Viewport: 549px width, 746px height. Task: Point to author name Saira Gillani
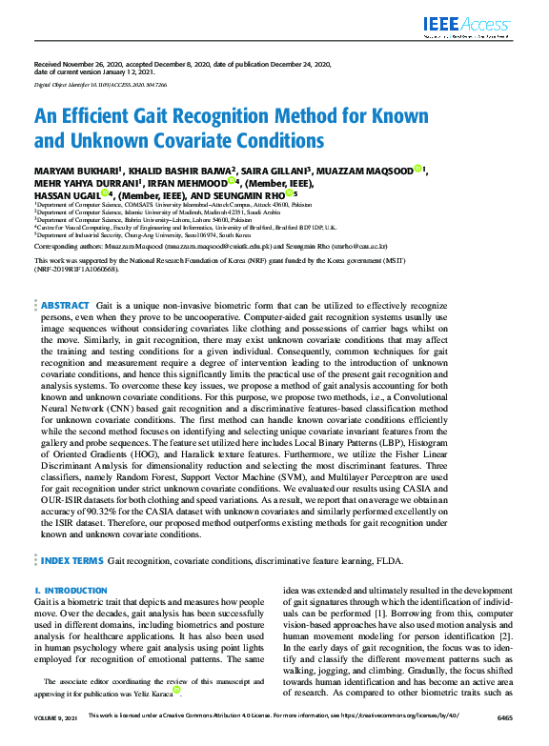[274, 170]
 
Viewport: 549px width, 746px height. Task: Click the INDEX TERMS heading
[71, 561]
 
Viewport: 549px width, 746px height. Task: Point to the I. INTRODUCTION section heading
[71, 591]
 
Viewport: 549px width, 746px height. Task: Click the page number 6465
[504, 739]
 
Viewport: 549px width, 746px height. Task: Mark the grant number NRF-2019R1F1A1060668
[77, 269]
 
